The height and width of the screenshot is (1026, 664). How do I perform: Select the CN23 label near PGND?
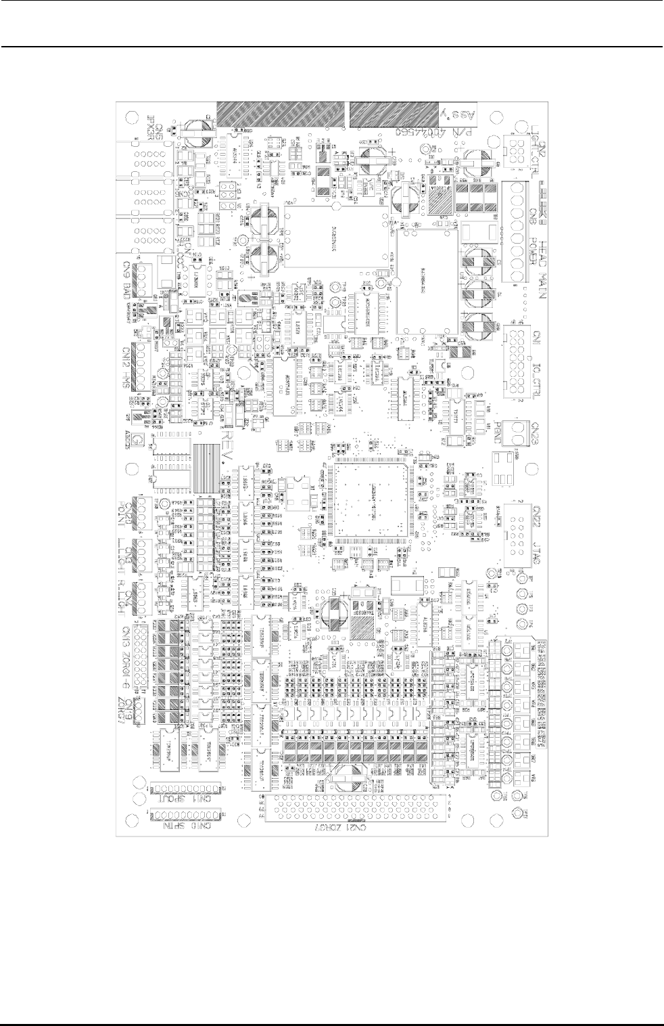pyautogui.click(x=534, y=429)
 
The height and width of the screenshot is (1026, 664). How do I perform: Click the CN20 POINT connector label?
pyautogui.click(x=127, y=510)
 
